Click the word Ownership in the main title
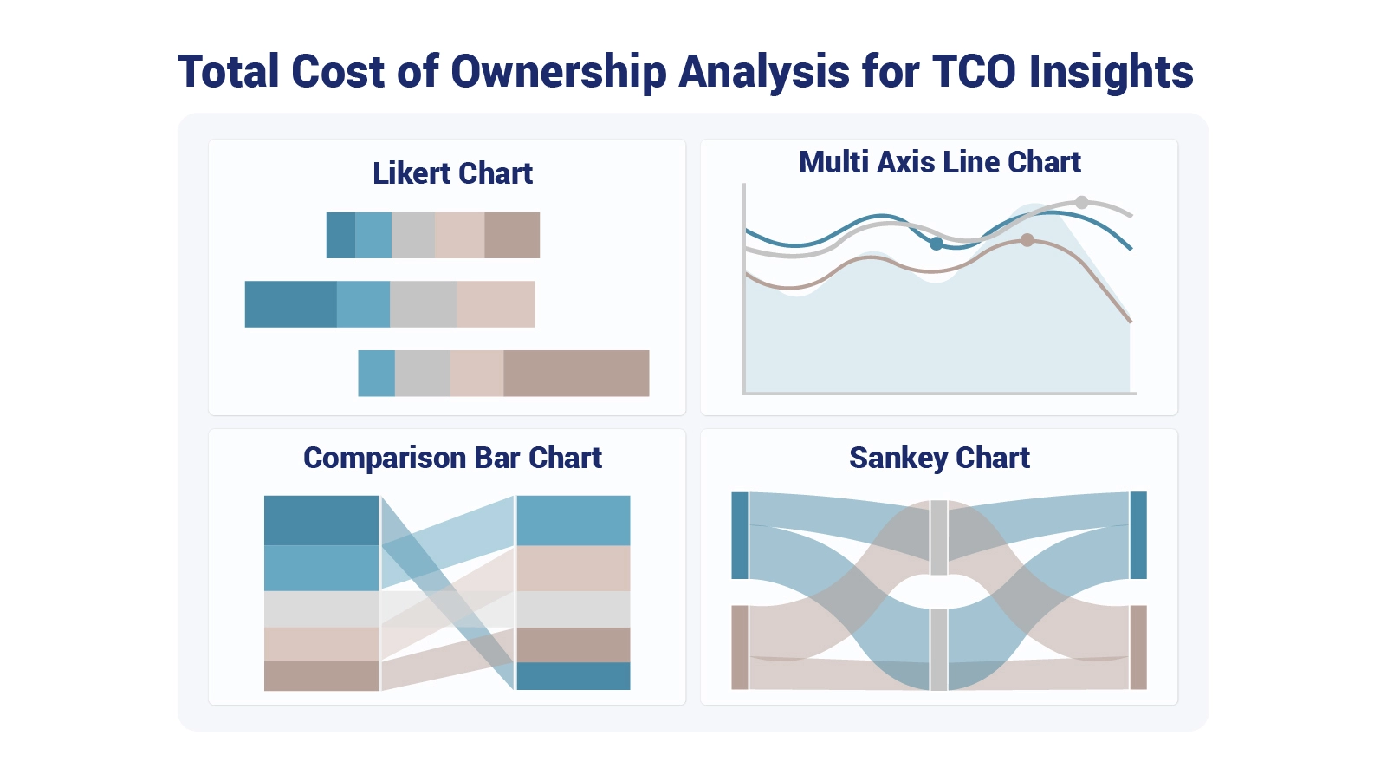[559, 72]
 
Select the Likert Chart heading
[452, 173]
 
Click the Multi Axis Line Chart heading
[939, 162]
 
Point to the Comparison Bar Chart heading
[452, 458]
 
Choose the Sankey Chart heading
[939, 458]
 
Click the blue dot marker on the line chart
[936, 244]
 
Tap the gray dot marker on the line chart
[1081, 203]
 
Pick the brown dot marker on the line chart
[1027, 240]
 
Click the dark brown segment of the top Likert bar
[512, 235]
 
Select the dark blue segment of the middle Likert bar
[290, 304]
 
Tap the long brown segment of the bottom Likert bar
[576, 374]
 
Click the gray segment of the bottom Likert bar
[423, 374]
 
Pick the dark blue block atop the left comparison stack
[321, 520]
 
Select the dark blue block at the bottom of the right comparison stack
[573, 676]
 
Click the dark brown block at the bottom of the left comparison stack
[321, 676]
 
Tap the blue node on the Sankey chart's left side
[739, 535]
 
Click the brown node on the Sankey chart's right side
[1138, 648]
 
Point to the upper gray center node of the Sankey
[938, 537]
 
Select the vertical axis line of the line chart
[743, 286]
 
